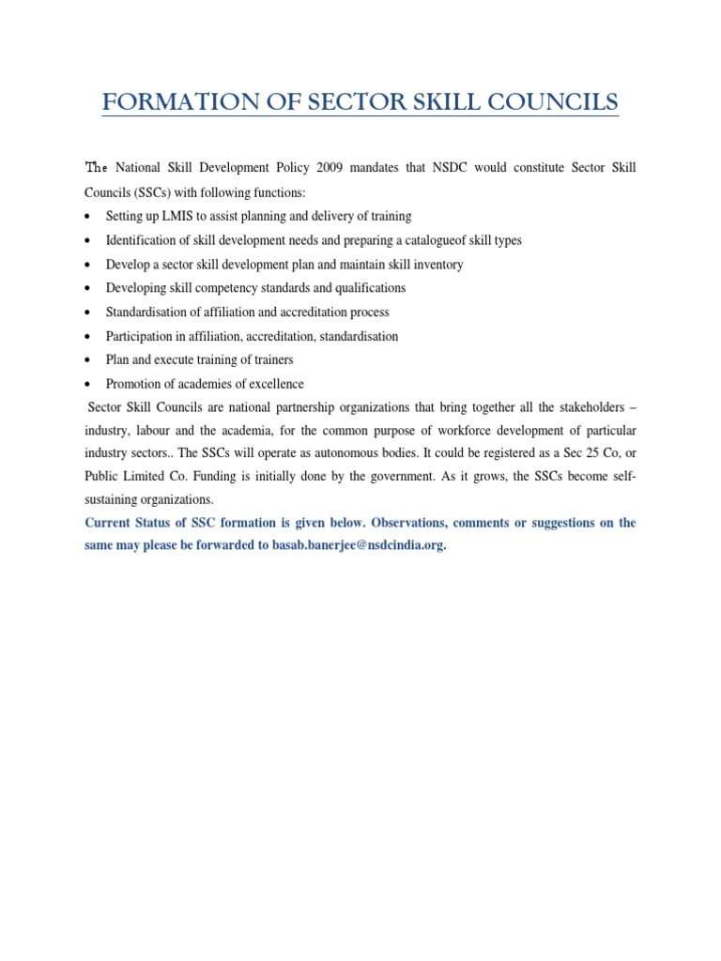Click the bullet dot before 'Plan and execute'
point(87,360)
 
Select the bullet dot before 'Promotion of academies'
point(87,385)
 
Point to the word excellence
point(270,384)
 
